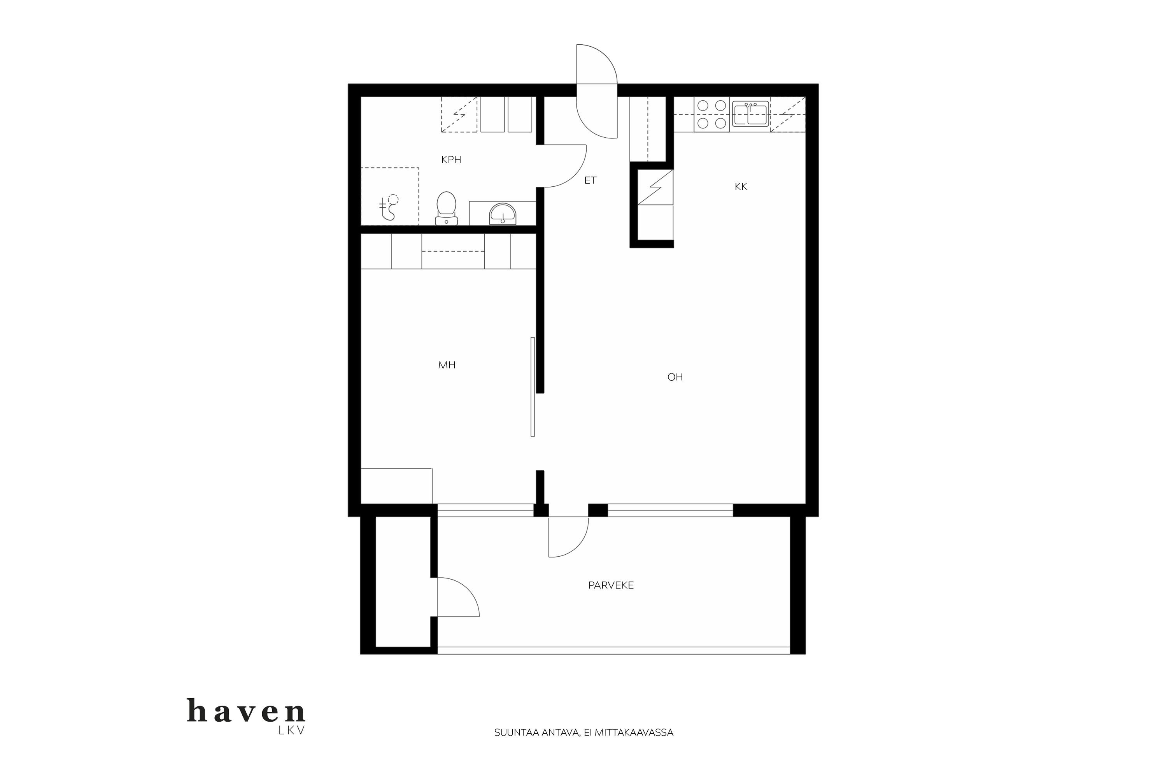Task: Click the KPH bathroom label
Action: click(x=451, y=160)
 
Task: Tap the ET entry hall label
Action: click(x=590, y=180)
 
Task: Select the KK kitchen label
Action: click(x=741, y=187)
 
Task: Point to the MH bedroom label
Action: click(x=447, y=365)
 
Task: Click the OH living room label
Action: click(x=675, y=377)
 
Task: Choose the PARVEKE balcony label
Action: click(x=611, y=585)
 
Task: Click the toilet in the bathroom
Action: click(x=446, y=209)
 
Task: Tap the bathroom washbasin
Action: click(x=503, y=214)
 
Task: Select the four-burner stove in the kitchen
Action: click(x=711, y=115)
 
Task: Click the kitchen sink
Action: click(x=751, y=114)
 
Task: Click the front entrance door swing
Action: click(x=597, y=91)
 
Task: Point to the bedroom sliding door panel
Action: click(x=533, y=387)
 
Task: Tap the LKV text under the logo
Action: click(x=292, y=731)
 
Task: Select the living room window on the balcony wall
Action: click(x=670, y=510)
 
